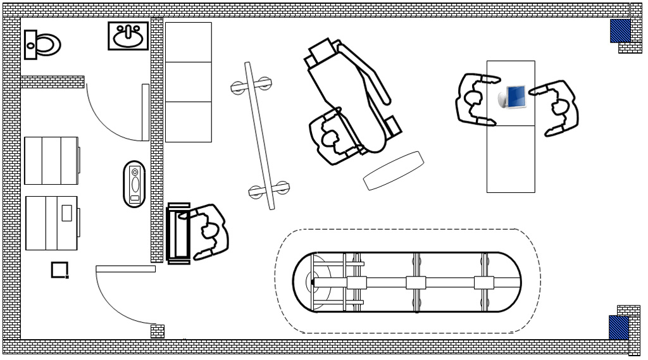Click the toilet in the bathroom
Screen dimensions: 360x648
[43, 44]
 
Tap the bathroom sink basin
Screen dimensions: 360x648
[128, 36]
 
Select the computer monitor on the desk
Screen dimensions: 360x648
[514, 97]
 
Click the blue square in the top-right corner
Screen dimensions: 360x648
[620, 30]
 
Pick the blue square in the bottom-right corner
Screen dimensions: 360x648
[619, 327]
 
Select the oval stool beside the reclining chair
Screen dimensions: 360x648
[393, 170]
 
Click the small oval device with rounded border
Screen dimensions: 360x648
[134, 183]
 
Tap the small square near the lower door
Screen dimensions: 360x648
[59, 270]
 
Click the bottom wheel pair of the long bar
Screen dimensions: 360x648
[269, 189]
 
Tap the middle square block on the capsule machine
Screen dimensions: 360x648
[416, 282]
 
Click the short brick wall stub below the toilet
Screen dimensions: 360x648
[53, 82]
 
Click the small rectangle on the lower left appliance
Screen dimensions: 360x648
[66, 213]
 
